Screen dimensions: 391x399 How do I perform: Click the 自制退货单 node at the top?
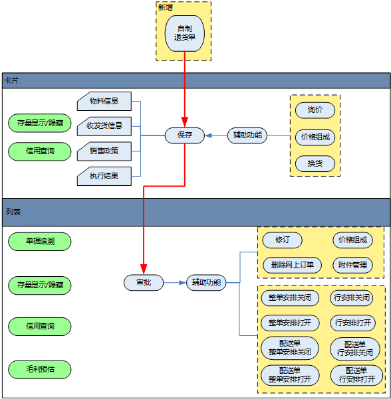185,33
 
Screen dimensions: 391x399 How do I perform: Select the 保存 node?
185,135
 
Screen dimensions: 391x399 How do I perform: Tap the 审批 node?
144,282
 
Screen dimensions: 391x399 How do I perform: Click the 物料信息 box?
104,102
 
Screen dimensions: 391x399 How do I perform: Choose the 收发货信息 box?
104,126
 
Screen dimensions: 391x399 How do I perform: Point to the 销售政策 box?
104,151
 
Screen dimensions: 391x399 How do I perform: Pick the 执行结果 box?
104,176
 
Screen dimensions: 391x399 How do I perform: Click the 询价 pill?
315,110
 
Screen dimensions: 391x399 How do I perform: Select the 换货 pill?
315,163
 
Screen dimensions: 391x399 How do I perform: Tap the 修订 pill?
282,240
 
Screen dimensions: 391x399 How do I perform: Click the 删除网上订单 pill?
292,265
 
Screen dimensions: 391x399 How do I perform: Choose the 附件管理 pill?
353,265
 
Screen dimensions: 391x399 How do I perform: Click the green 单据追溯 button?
40,241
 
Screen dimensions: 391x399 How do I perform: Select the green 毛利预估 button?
40,369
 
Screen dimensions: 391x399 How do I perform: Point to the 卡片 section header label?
11,81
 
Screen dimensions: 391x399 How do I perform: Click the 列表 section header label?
13,212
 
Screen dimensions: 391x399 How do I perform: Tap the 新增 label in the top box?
166,7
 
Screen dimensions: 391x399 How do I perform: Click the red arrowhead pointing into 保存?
185,122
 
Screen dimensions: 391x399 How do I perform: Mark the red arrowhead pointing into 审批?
144,269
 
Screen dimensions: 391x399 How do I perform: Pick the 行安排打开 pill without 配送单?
353,323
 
